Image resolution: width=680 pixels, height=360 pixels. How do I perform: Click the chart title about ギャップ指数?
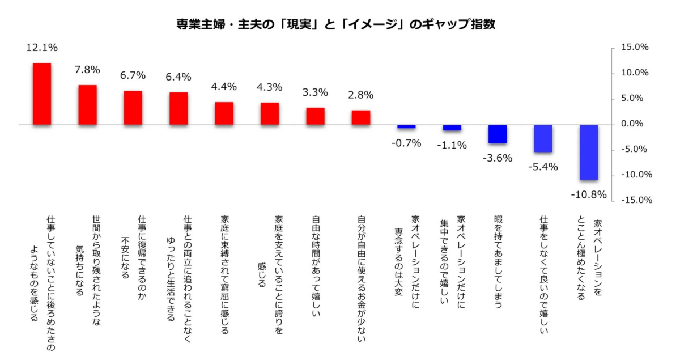click(x=340, y=25)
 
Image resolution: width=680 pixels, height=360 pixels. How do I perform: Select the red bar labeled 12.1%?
click(x=42, y=94)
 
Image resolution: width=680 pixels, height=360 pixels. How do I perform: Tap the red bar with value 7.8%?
click(x=87, y=105)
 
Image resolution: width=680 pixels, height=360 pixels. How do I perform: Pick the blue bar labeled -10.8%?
click(x=589, y=152)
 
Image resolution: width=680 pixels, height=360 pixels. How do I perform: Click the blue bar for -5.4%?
click(x=543, y=138)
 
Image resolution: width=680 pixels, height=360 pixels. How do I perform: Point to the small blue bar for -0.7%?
click(x=406, y=126)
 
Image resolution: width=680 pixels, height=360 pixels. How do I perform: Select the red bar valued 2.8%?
click(x=361, y=117)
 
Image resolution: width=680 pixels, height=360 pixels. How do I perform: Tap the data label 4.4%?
click(x=224, y=87)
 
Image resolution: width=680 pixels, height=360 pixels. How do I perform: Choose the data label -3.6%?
click(x=497, y=158)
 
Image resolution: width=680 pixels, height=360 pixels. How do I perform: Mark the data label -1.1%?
click(x=452, y=145)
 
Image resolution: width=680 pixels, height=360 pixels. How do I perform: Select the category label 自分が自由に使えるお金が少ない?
click(x=361, y=278)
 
